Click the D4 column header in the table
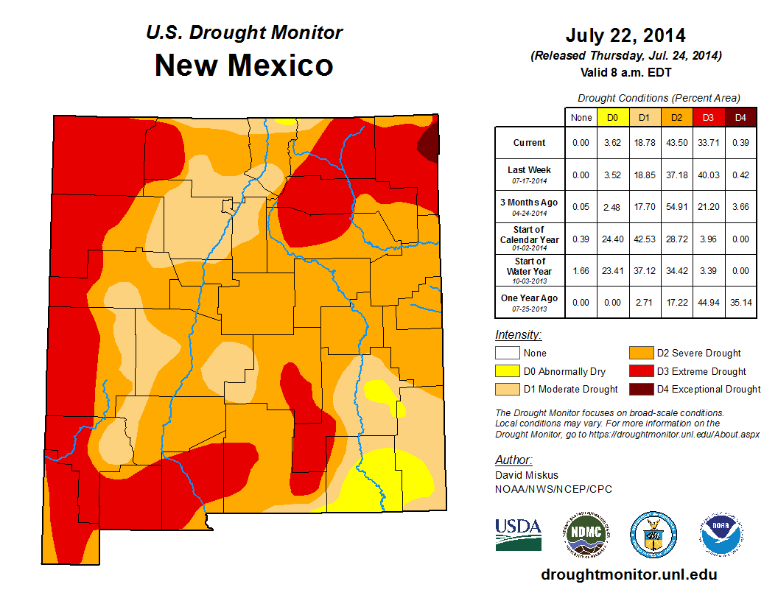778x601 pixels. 740,117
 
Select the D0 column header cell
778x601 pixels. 612,117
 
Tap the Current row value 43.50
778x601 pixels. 676,143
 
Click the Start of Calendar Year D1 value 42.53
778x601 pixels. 644,239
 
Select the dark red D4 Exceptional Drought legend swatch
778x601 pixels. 640,389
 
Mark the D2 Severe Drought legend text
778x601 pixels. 698,354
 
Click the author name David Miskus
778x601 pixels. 526,476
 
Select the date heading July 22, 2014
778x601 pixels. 625,35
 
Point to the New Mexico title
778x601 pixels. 244,66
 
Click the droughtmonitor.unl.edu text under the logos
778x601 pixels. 628,574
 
